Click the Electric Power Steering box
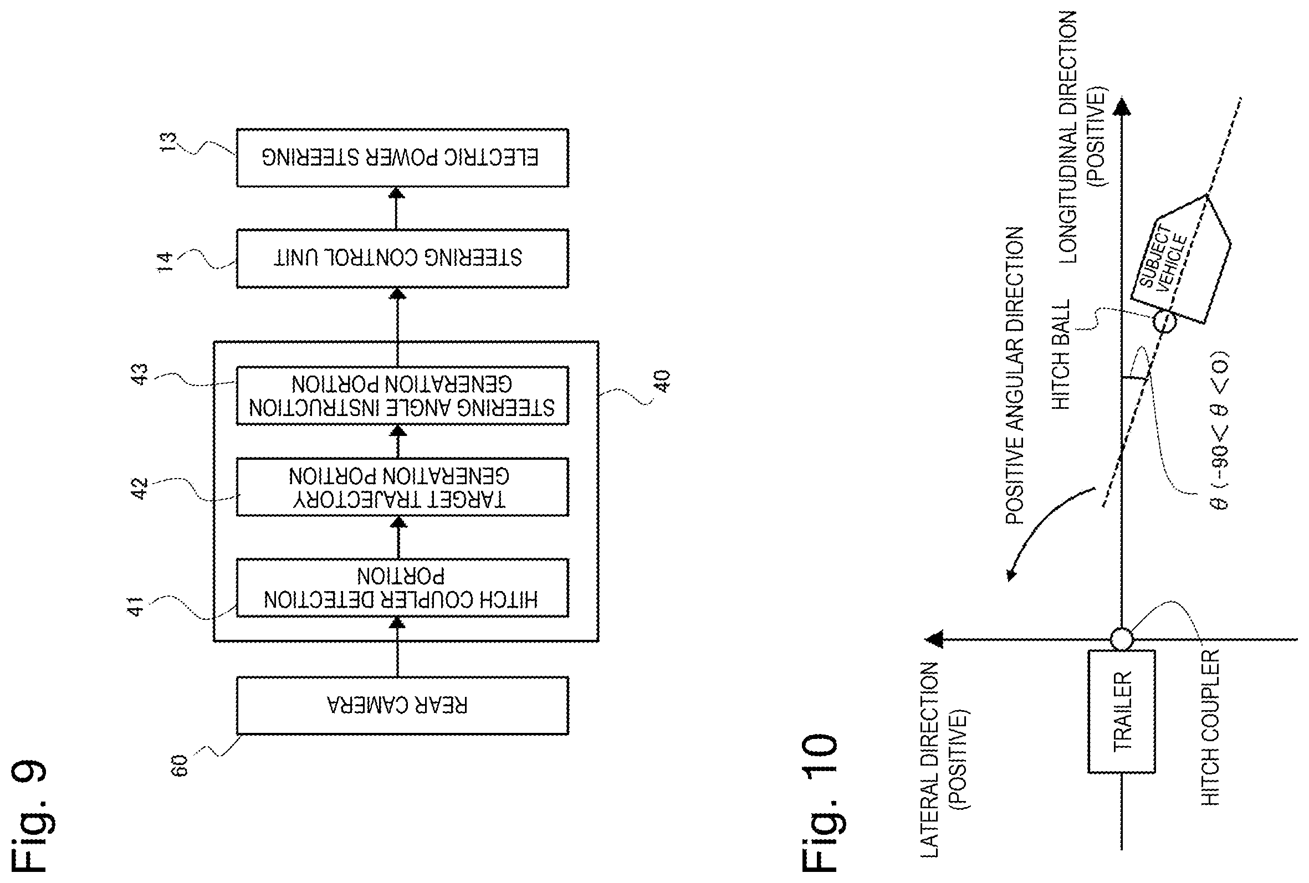[402, 158]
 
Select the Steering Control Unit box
[402, 259]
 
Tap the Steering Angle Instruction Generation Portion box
[402, 396]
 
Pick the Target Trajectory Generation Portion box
[402, 487]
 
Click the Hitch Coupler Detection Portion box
[402, 588]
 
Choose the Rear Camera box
[402, 706]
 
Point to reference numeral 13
[168, 141]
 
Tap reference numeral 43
[139, 374]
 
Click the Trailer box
[1122, 711]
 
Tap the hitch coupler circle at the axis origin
[1122, 639]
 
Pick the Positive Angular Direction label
[1014, 376]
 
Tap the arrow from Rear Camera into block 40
[397, 647]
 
